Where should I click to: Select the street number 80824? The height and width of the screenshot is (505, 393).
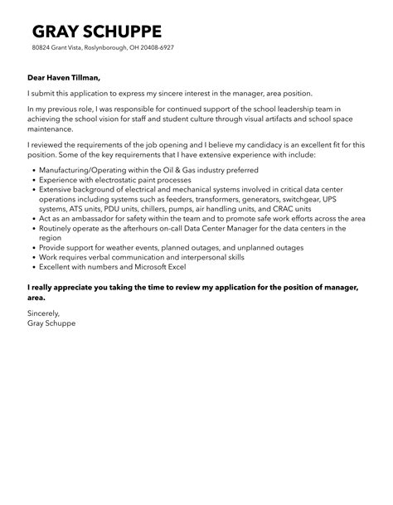(x=41, y=49)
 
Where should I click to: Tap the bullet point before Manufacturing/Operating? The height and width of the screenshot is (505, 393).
(x=32, y=168)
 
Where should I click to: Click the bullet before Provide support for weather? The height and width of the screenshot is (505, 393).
(x=32, y=247)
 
